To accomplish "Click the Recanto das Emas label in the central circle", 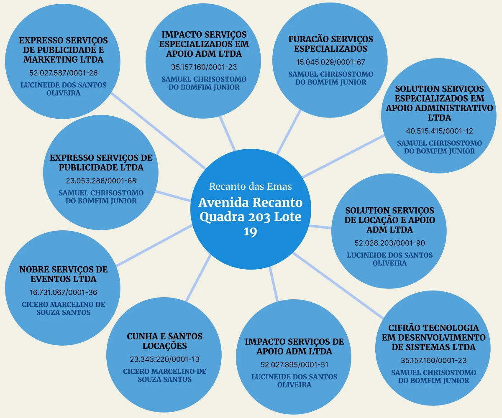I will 250,186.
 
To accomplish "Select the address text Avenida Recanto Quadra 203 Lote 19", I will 250,217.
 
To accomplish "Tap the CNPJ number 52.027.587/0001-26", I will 64,73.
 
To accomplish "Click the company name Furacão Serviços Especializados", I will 330,44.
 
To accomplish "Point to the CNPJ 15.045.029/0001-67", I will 330,62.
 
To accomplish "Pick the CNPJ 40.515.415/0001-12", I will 439,131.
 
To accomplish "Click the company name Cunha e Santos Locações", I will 164,341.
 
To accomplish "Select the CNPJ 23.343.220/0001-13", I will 164,359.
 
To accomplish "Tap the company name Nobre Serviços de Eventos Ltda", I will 64,274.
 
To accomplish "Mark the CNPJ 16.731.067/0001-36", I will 64,293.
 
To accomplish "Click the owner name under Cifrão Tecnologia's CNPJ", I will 433,376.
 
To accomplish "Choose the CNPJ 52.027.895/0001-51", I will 294,364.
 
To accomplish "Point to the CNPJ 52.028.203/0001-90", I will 389,243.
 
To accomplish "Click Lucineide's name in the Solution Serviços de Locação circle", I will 389,259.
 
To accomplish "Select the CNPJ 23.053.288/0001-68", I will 101,181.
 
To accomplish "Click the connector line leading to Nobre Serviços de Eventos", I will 155,245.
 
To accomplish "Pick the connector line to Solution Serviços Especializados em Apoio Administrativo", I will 343,156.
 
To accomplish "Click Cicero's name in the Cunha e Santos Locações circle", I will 164,375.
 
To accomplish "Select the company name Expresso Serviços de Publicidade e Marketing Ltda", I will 64,50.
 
